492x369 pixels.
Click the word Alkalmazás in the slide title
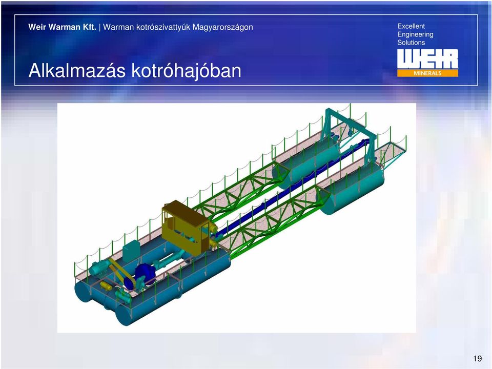point(77,70)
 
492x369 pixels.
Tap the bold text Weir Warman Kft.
point(62,27)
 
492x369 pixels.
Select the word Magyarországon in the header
point(223,28)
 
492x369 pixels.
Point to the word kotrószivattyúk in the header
point(163,28)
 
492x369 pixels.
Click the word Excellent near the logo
point(411,26)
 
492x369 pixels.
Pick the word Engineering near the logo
point(416,34)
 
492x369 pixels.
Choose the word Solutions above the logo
point(411,43)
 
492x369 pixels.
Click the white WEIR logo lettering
point(427,59)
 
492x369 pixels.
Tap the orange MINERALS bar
point(427,73)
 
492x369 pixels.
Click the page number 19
point(477,359)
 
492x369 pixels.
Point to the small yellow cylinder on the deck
point(106,285)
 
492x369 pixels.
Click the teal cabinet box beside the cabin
point(131,252)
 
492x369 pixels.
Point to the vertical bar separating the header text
point(100,27)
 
